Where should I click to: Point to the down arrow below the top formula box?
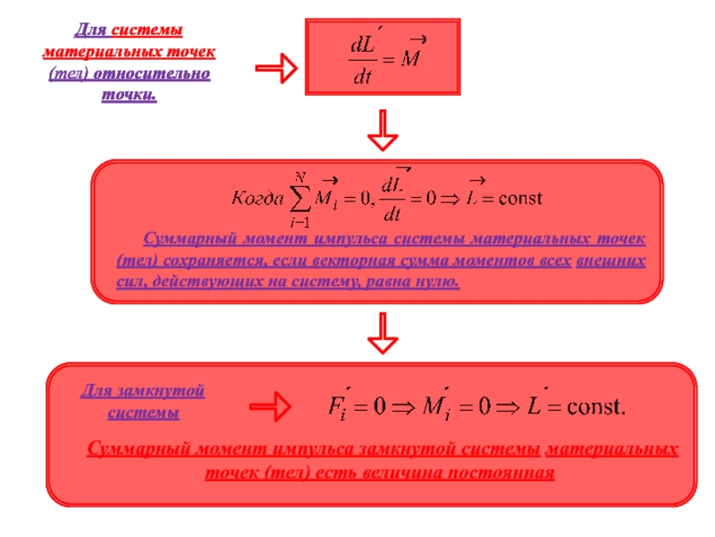point(383,131)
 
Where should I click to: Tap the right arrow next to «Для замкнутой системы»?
point(273,407)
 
